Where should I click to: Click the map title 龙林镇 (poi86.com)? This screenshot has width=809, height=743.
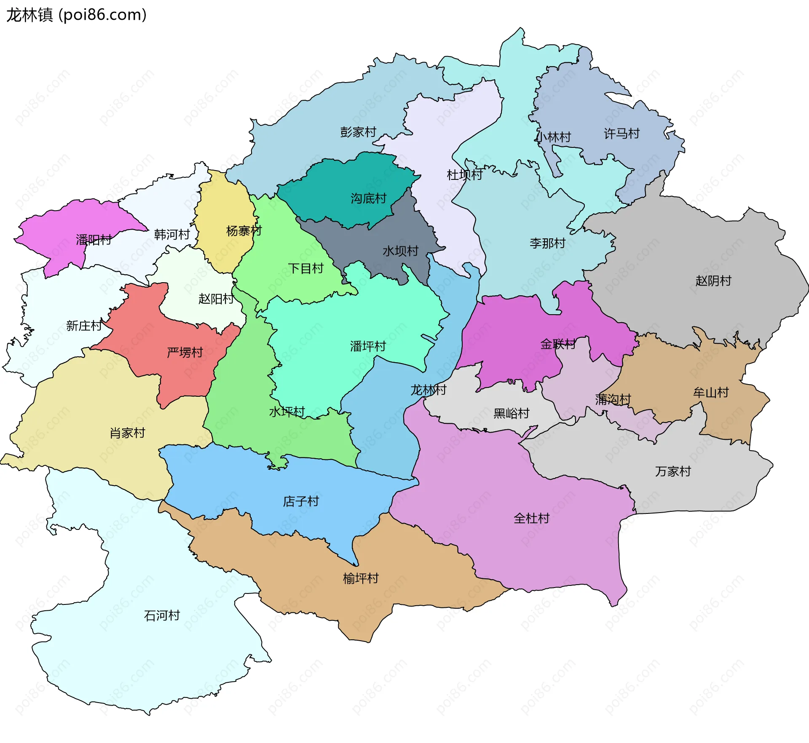pos(76,15)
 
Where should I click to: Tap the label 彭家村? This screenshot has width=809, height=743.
pos(358,132)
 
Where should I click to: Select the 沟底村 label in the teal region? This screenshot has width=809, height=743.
pos(368,198)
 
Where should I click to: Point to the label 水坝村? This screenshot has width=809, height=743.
pos(400,251)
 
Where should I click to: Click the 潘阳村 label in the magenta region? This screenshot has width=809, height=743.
pos(94,240)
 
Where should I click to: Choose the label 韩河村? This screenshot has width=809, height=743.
pos(172,234)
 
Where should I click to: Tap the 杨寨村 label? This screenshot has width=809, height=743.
pos(244,231)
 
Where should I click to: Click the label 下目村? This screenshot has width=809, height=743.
pos(305,268)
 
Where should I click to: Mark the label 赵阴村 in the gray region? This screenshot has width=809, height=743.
pos(713,281)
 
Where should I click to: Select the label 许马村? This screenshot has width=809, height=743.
pos(621,134)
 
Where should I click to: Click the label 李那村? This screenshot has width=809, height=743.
pos(547,243)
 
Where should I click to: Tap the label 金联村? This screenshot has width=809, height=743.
pos(558,344)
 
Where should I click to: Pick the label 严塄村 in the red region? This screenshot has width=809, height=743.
pos(185,352)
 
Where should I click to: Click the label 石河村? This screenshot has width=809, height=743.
pos(162,615)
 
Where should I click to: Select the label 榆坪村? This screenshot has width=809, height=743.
pos(361,578)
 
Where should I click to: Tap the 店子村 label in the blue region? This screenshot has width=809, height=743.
pos(301,501)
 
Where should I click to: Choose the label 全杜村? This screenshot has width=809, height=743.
pos(531,518)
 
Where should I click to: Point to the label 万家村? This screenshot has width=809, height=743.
pos(673,471)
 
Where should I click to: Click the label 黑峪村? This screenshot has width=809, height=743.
pos(511,413)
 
